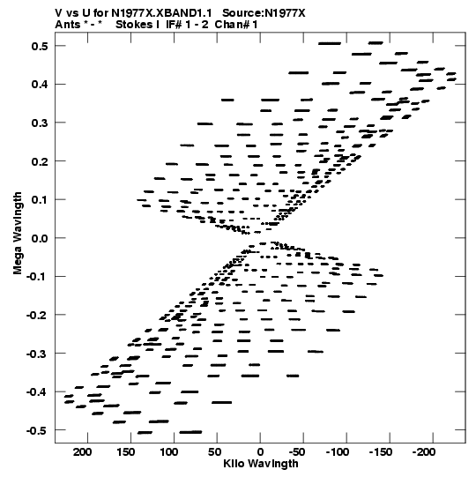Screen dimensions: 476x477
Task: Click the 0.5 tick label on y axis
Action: [x=40, y=46]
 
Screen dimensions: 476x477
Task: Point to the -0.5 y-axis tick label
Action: [x=37, y=431]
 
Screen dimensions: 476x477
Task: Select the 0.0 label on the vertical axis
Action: [x=40, y=238]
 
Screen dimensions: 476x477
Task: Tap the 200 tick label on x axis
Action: [x=82, y=452]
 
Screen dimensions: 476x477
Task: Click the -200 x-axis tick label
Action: [x=424, y=452]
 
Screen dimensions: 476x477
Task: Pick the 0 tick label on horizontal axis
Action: [x=260, y=452]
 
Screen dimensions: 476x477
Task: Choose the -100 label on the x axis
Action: [x=338, y=452]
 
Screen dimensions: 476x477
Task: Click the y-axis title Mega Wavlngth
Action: [x=18, y=234]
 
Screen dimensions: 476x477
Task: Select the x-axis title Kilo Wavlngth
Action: [x=261, y=464]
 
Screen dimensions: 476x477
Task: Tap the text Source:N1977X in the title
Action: [x=264, y=13]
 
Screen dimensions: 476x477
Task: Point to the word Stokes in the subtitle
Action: [x=134, y=25]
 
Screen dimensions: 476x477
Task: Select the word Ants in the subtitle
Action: [x=68, y=25]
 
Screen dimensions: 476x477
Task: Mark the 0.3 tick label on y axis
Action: [x=40, y=123]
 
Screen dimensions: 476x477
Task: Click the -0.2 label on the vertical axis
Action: [x=37, y=315]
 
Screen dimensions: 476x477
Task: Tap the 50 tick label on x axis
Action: [x=215, y=452]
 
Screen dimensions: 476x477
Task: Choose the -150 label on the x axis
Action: [x=381, y=452]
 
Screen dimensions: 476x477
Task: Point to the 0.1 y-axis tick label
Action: [x=40, y=200]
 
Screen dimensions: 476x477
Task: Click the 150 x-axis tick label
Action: [x=126, y=452]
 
